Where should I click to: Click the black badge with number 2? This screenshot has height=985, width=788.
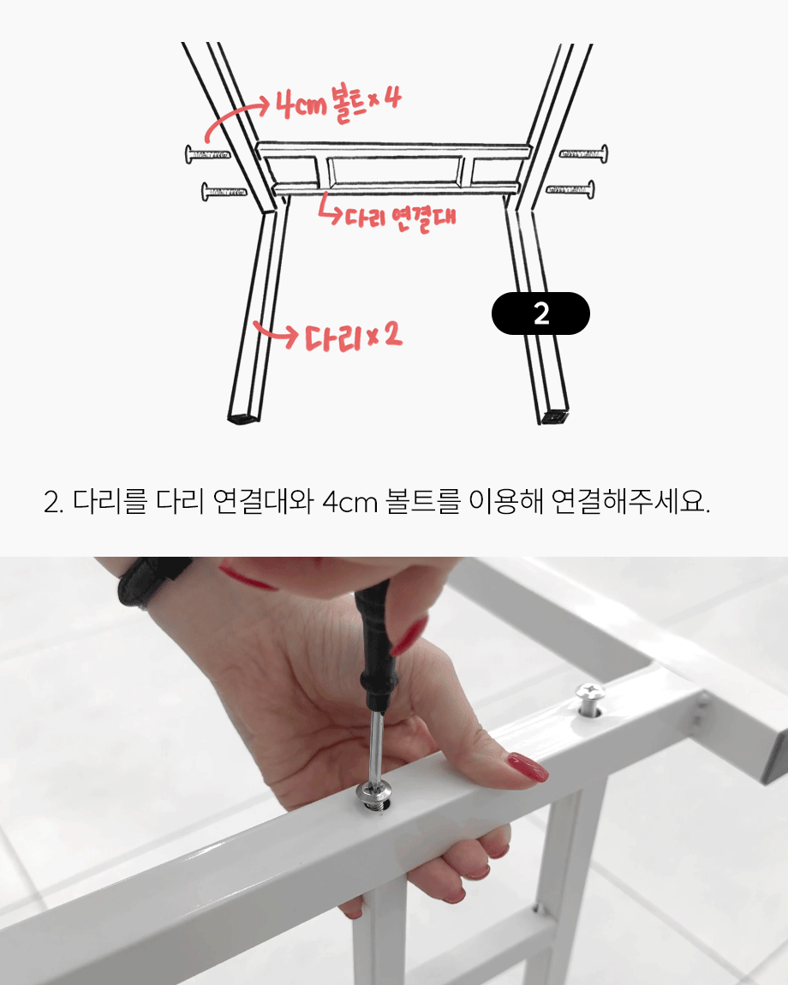[x=540, y=313]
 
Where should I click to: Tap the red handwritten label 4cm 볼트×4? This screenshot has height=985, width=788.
[x=338, y=104]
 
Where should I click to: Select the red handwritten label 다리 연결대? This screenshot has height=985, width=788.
[x=400, y=218]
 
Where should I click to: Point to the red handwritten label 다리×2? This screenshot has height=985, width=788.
[x=353, y=337]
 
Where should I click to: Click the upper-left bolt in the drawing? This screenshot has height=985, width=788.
[x=207, y=154]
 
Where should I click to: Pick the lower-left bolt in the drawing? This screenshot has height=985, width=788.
[x=224, y=192]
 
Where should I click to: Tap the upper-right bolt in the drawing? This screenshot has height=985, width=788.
[x=584, y=153]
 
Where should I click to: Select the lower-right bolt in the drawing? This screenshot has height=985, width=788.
[x=570, y=188]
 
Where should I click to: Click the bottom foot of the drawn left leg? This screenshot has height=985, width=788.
[x=243, y=417]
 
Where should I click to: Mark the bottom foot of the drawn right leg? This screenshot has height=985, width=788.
[x=553, y=416]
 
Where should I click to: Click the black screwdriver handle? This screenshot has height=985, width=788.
[x=375, y=647]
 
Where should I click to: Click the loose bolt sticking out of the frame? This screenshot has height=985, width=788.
[x=589, y=700]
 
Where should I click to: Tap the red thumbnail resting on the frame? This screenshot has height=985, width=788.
[x=527, y=767]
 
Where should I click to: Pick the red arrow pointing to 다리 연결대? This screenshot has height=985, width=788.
[x=330, y=209]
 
